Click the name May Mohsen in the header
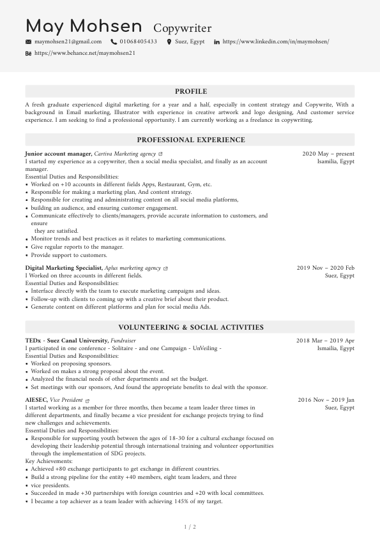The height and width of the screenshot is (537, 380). (84, 27)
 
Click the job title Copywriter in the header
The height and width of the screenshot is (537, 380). (183, 28)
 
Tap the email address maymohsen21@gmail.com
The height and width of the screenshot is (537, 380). (68, 41)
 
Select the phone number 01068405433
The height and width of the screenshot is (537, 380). (138, 41)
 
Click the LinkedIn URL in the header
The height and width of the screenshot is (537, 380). (275, 41)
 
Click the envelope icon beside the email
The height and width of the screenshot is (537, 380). (28, 41)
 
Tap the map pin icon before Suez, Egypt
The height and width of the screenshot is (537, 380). (169, 41)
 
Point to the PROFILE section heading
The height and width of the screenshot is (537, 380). (190, 91)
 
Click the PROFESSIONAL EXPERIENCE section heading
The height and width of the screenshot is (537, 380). (190, 140)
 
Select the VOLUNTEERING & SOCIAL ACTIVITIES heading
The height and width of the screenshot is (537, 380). (190, 327)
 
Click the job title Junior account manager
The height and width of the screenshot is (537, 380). (58, 154)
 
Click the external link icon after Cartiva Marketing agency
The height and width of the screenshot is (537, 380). (160, 154)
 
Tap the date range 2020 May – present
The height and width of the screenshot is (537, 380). (328, 154)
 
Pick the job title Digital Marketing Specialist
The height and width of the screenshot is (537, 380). (63, 268)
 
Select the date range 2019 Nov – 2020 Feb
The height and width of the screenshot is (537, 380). (326, 268)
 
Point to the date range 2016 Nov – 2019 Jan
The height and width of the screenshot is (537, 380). (326, 400)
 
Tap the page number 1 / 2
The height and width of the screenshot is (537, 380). (190, 527)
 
